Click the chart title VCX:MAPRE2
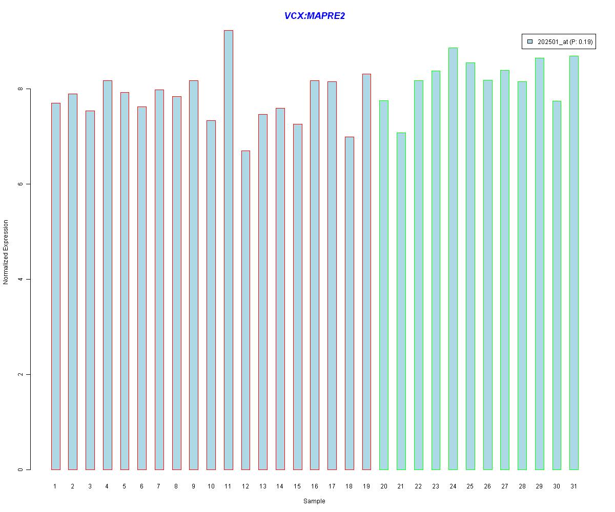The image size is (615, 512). pyautogui.click(x=314, y=16)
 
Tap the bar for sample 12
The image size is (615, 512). pyautogui.click(x=245, y=310)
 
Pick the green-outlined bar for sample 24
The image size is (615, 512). pyautogui.click(x=453, y=259)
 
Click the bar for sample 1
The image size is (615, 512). pyautogui.click(x=55, y=286)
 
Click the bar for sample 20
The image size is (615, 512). pyautogui.click(x=383, y=285)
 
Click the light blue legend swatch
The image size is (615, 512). pyautogui.click(x=530, y=41)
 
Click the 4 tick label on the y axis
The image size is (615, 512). pyautogui.click(x=20, y=280)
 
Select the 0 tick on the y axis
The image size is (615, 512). pyautogui.click(x=20, y=470)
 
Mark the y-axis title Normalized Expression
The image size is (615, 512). pyautogui.click(x=6, y=252)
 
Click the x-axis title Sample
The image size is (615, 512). pyautogui.click(x=314, y=501)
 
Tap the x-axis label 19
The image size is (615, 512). pyautogui.click(x=366, y=486)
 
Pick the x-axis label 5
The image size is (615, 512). pyautogui.click(x=124, y=486)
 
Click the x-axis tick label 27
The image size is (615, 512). pyautogui.click(x=504, y=486)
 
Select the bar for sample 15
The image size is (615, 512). pyautogui.click(x=297, y=297)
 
